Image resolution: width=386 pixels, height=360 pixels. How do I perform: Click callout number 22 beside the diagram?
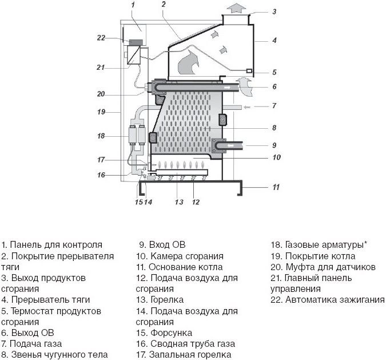(x=101, y=38)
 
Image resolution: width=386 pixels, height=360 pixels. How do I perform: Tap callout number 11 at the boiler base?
(x=276, y=187)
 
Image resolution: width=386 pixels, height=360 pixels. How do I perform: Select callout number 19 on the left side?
(x=101, y=112)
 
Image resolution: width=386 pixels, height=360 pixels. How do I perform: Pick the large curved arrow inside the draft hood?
(x=189, y=62)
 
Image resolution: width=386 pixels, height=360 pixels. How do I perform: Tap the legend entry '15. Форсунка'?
(x=164, y=333)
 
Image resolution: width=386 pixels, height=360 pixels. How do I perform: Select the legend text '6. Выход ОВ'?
(x=28, y=333)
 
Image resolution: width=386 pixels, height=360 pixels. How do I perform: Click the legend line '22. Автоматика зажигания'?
(x=328, y=299)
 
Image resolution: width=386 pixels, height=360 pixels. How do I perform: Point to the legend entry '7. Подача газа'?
(x=33, y=343)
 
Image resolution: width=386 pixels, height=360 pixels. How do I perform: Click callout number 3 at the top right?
(x=274, y=11)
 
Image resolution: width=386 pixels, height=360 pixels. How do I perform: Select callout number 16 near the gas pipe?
(x=101, y=175)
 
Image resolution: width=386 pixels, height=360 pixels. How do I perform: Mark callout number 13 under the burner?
(x=179, y=201)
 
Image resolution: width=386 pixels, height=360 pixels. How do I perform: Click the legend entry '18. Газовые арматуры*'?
(x=319, y=244)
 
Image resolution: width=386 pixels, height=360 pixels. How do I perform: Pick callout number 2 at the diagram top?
(x=164, y=5)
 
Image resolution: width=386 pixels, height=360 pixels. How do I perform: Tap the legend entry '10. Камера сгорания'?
(x=180, y=256)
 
